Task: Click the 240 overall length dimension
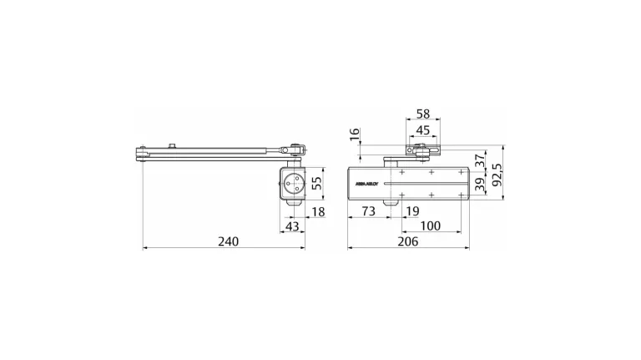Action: click(228, 241)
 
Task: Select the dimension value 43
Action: click(292, 227)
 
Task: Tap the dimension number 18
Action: click(317, 212)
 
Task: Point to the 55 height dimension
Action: click(316, 183)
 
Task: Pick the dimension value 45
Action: click(423, 129)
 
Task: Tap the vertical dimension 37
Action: click(480, 159)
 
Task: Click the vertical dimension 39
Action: click(480, 185)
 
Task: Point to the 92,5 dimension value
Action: click(497, 177)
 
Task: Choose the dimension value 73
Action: click(368, 212)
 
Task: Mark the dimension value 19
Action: click(411, 212)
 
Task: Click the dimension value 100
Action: click(431, 226)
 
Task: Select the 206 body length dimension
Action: click(408, 241)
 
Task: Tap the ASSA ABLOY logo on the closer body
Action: click(367, 181)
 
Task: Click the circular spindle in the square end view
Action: click(293, 184)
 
